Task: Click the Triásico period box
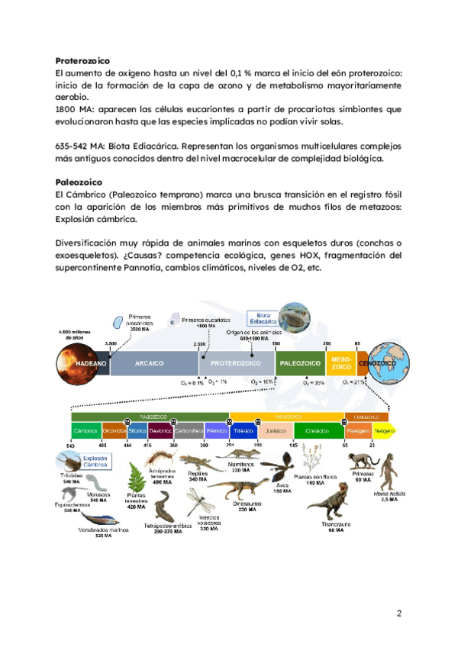(x=244, y=431)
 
